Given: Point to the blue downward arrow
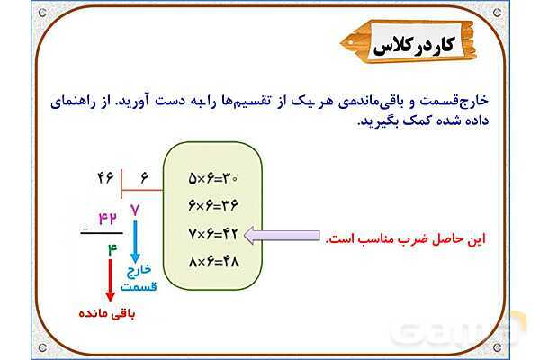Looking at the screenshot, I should [134, 240].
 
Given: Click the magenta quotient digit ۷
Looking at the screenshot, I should [136, 210].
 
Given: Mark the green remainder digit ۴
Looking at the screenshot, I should [112, 246].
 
